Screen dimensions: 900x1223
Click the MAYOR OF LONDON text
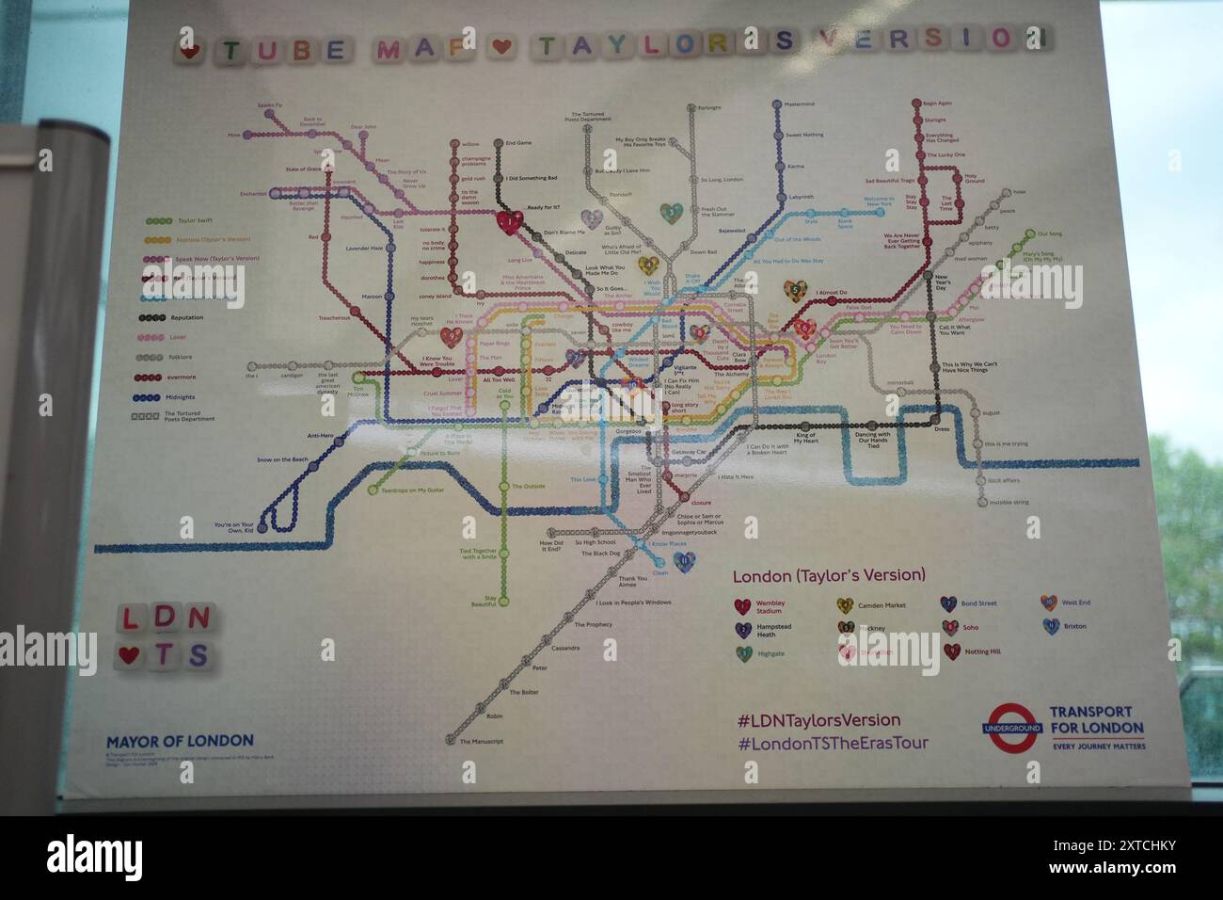click(x=180, y=741)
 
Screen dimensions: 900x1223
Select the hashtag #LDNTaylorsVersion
click(x=818, y=720)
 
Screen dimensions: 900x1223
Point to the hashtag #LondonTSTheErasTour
click(x=833, y=743)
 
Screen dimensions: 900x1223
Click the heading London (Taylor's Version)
click(x=829, y=575)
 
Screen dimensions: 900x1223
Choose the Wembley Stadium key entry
click(x=770, y=607)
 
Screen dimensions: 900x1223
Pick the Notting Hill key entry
click(x=982, y=651)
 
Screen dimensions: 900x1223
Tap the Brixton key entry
click(x=1073, y=626)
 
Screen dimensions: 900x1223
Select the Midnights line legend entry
click(x=181, y=397)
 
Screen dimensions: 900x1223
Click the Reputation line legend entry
click(x=186, y=318)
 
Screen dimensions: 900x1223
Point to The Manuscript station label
click(x=481, y=742)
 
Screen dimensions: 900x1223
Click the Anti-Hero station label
click(x=321, y=436)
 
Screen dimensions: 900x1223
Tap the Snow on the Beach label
click(x=282, y=459)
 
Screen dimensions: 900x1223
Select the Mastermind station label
click(x=799, y=104)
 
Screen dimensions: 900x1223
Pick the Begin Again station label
click(x=937, y=104)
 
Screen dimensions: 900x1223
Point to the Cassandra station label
click(x=565, y=648)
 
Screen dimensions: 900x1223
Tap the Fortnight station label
click(x=709, y=107)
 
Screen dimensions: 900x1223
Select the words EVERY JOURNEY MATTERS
click(x=1099, y=747)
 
